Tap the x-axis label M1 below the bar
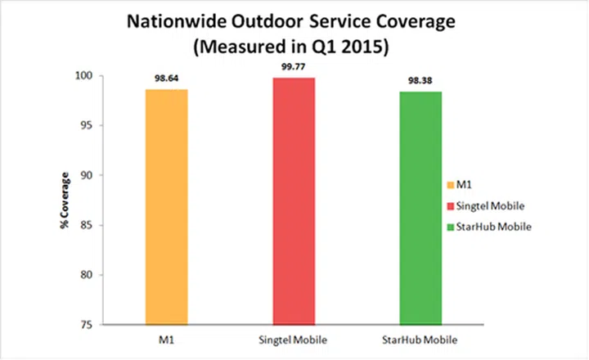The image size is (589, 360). click(167, 339)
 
